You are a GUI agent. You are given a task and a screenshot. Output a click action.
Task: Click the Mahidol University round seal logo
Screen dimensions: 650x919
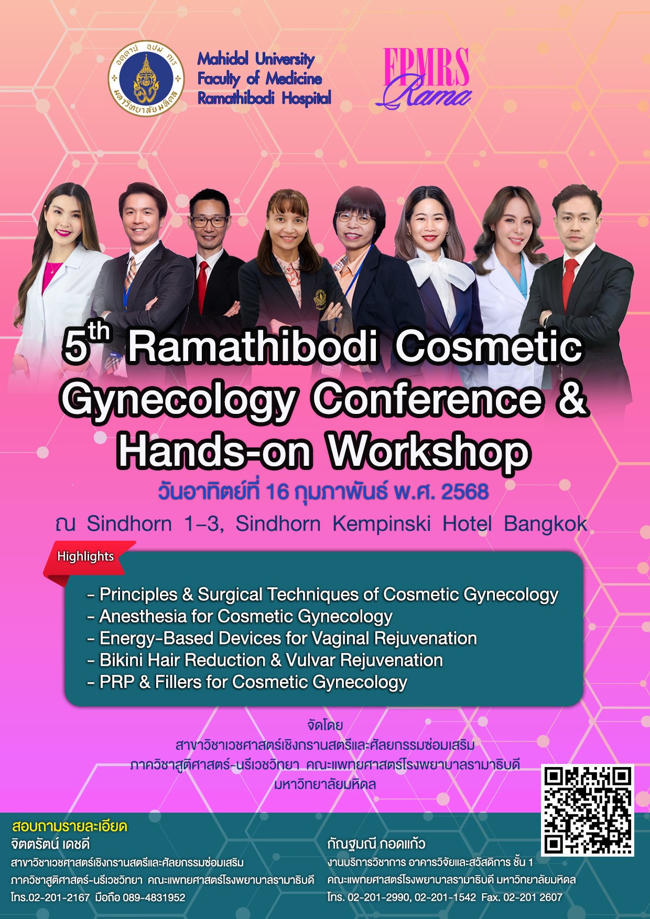[147, 79]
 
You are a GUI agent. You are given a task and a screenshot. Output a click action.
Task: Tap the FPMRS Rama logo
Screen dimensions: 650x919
[425, 78]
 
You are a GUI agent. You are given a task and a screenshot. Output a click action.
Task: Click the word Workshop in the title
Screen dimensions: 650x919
[429, 452]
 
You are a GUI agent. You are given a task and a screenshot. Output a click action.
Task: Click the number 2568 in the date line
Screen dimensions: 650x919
[465, 492]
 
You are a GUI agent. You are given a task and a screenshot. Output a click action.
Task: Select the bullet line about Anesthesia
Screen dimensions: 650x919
[240, 617]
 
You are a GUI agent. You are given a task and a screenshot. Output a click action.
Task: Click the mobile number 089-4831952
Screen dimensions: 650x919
[154, 898]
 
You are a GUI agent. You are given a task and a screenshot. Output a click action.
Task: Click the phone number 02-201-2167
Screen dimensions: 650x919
[59, 898]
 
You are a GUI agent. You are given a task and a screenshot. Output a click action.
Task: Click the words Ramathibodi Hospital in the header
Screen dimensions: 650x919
[264, 98]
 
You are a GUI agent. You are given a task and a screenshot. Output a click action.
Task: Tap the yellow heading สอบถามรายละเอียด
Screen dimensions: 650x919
[69, 826]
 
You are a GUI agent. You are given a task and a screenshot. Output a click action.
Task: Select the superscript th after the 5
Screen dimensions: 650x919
[99, 332]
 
